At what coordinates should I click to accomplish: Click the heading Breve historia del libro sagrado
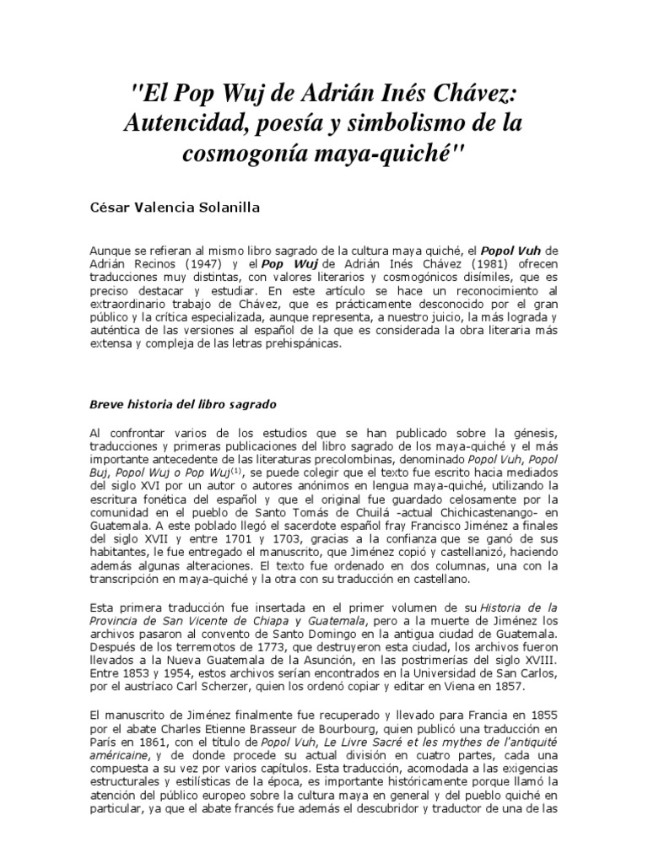tap(183, 404)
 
